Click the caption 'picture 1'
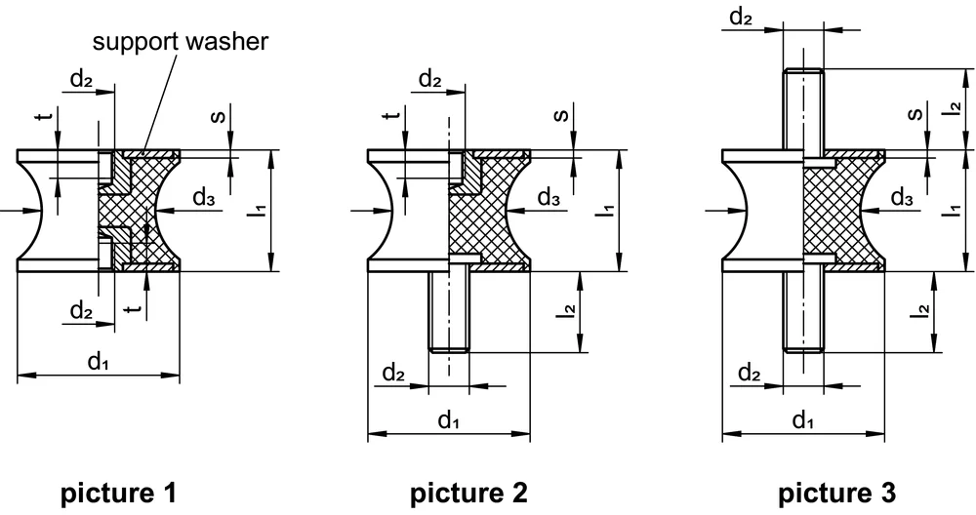pyautogui.click(x=119, y=493)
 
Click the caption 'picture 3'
pyautogui.click(x=835, y=493)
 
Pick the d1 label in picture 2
pyautogui.click(x=448, y=420)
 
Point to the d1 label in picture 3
pyautogui.click(x=802, y=420)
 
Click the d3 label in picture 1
pyautogui.click(x=203, y=199)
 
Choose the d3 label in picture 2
pyautogui.click(x=549, y=199)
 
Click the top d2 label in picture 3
pyautogui.click(x=742, y=17)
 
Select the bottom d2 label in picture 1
pyautogui.click(x=82, y=312)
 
